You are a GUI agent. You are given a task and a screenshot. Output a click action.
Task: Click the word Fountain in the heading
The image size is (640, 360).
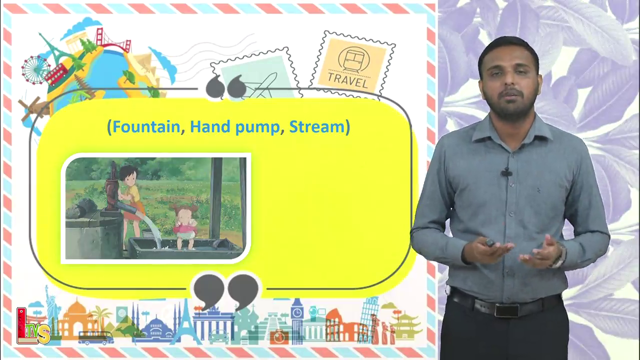coord(146,126)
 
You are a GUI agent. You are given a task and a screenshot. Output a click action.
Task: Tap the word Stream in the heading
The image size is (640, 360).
coord(317,126)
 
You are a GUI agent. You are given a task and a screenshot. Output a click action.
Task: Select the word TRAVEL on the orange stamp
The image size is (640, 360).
coord(347,80)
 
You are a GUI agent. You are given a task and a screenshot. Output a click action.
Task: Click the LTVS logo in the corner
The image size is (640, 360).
coord(33,325)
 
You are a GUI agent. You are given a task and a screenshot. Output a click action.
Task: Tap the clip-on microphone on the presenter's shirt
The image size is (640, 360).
coord(506,172)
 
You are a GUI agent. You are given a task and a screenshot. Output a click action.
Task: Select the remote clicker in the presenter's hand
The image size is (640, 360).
coord(490,243)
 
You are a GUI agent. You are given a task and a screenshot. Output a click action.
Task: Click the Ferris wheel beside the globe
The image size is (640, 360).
coord(35,70)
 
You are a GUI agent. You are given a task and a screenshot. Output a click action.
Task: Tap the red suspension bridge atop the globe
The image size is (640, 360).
coord(113,40)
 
